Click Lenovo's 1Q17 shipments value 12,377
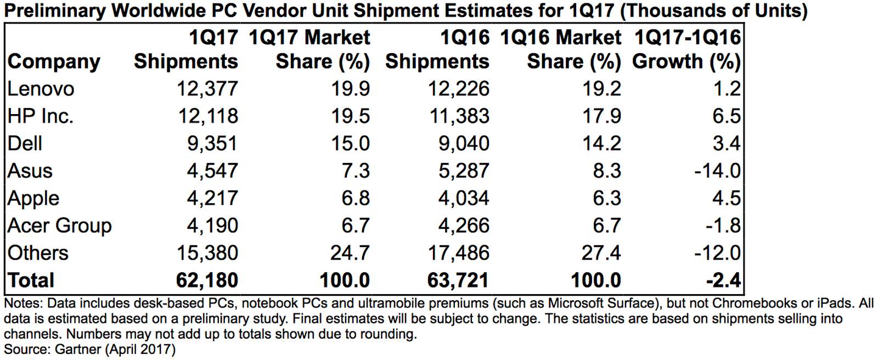coord(207,88)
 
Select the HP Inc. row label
coord(40,116)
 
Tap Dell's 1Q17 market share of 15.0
coord(350,143)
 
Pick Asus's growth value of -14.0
coord(717,171)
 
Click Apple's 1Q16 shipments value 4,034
coord(463,198)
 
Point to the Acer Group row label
coord(59,226)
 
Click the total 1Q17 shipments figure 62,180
coord(207,280)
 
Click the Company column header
coord(54,61)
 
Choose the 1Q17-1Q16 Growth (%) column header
coord(686,49)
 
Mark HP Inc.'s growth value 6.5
coord(727,116)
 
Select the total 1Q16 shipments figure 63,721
coord(458,280)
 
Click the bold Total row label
coord(31,280)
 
